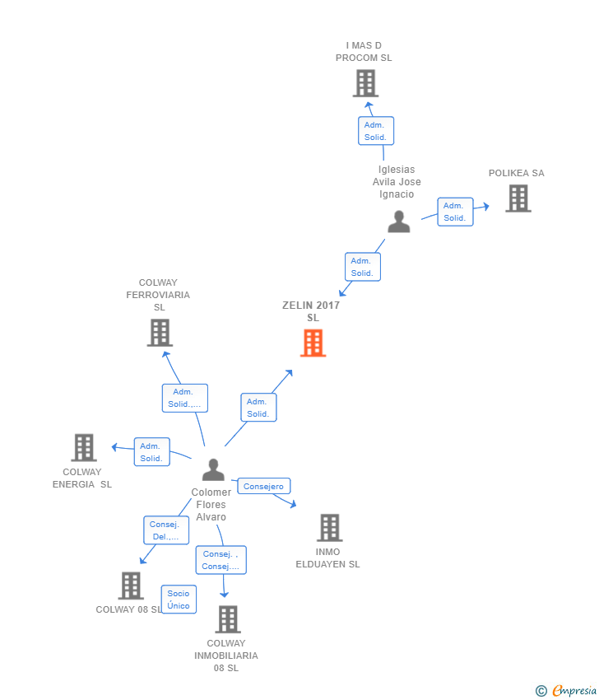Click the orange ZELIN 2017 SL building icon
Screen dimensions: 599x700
[x=313, y=343]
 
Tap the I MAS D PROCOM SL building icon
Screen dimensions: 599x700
[x=365, y=83]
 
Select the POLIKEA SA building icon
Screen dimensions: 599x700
[x=518, y=198]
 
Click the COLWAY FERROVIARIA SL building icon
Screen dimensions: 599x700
[x=160, y=333]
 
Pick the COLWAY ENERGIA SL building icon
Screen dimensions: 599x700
[x=84, y=447]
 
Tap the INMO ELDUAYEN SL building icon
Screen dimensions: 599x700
[x=330, y=528]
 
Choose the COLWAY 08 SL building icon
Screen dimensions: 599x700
[x=131, y=586]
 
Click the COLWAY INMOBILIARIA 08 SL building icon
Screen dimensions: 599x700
[x=228, y=619]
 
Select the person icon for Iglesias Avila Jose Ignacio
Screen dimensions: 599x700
[x=399, y=222]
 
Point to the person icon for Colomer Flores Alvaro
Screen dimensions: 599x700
[x=213, y=469]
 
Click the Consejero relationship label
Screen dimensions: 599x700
[x=263, y=486]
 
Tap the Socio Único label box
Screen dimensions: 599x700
[x=179, y=600]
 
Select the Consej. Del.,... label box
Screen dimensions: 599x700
[x=166, y=530]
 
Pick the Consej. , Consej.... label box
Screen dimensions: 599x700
[x=221, y=560]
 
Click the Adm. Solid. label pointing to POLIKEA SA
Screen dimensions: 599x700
[x=455, y=212]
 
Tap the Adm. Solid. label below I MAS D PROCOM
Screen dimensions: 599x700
[x=375, y=131]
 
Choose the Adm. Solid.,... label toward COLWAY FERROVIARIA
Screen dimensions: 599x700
[x=184, y=398]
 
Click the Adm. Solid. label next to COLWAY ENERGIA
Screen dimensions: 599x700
[x=151, y=452]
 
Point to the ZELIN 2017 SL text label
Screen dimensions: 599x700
[x=311, y=311]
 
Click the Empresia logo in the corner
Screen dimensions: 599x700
[x=566, y=691]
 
